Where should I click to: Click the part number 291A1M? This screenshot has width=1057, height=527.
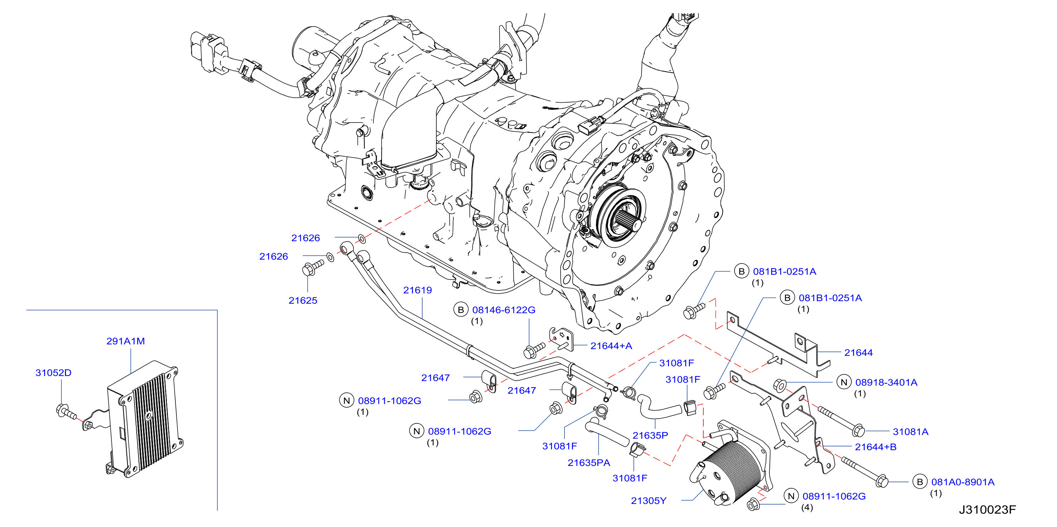pyautogui.click(x=126, y=341)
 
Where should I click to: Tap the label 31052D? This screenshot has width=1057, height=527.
pyautogui.click(x=53, y=373)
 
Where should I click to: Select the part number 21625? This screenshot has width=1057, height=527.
pyautogui.click(x=303, y=300)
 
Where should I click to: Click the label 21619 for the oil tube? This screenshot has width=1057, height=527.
pyautogui.click(x=417, y=290)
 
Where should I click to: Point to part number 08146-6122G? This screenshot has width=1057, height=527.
pyautogui.click(x=504, y=310)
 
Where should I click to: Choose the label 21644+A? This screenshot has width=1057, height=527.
pyautogui.click(x=611, y=346)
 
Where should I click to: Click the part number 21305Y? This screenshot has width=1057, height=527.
pyautogui.click(x=649, y=501)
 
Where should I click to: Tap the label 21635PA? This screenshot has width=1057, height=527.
pyautogui.click(x=589, y=463)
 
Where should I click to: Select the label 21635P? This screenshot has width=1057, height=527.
pyautogui.click(x=650, y=435)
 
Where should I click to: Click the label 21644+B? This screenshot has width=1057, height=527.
pyautogui.click(x=876, y=447)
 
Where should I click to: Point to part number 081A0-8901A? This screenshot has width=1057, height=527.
pyautogui.click(x=963, y=482)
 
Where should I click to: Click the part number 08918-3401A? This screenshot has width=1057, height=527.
pyautogui.click(x=886, y=382)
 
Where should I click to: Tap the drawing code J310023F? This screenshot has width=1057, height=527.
pyautogui.click(x=987, y=510)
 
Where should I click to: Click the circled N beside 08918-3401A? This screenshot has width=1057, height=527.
pyautogui.click(x=844, y=382)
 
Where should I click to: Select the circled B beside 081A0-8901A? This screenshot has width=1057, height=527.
pyautogui.click(x=920, y=482)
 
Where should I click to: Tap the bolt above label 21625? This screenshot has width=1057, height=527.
pyautogui.click(x=313, y=267)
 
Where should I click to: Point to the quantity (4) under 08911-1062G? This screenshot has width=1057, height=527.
pyautogui.click(x=807, y=507)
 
